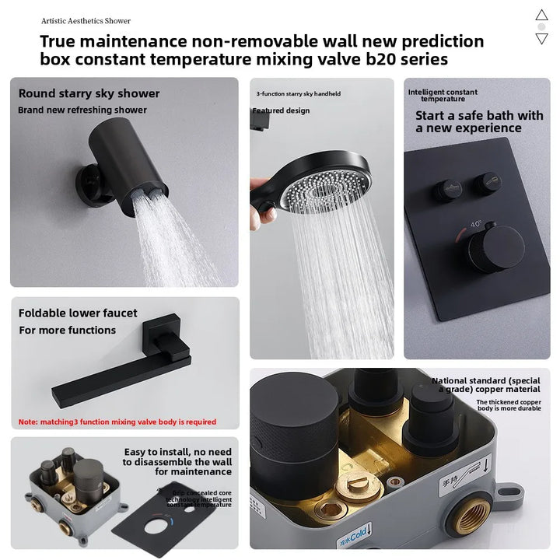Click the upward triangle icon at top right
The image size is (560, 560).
tap(542, 15)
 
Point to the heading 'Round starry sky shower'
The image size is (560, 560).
tap(89, 93)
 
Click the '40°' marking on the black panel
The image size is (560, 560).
tap(474, 223)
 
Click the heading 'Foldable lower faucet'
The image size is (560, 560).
tap(78, 313)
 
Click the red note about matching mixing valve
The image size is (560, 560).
tap(117, 422)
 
